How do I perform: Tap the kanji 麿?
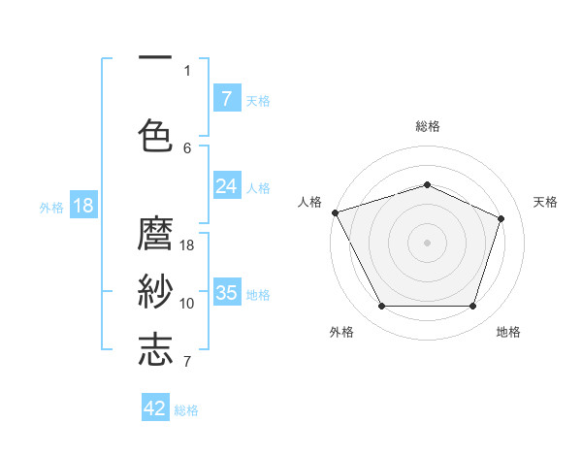[155, 236]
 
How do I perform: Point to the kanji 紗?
[155, 290]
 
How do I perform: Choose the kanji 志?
[155, 349]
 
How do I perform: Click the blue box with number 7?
[226, 98]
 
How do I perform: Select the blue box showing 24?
[226, 186]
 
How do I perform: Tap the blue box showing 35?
[226, 292]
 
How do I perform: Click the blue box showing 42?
[155, 408]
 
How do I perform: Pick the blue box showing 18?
[82, 206]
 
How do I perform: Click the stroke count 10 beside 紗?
[187, 304]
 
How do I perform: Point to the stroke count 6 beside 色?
[187, 147]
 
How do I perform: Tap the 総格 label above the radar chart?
[427, 126]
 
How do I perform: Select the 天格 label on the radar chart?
[545, 202]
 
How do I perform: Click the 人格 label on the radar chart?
[309, 202]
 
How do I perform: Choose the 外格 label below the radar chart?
[341, 332]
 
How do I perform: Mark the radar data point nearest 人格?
[335, 212]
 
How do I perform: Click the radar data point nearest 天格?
[501, 218]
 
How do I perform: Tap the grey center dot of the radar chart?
[427, 242]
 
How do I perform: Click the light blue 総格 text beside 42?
[186, 410]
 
